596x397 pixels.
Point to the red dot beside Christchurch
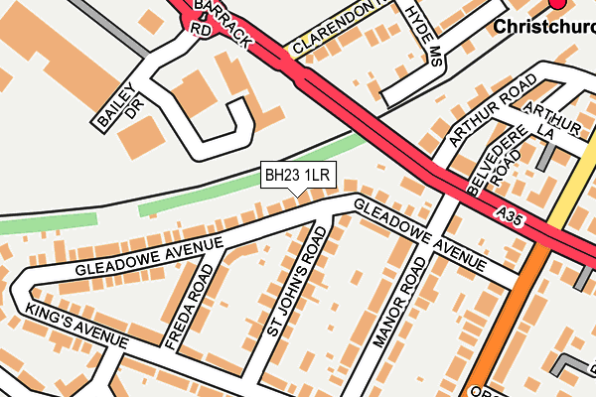557,4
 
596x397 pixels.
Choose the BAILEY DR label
117,101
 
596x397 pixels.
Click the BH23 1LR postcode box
298,176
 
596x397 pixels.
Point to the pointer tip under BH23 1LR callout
298,196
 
